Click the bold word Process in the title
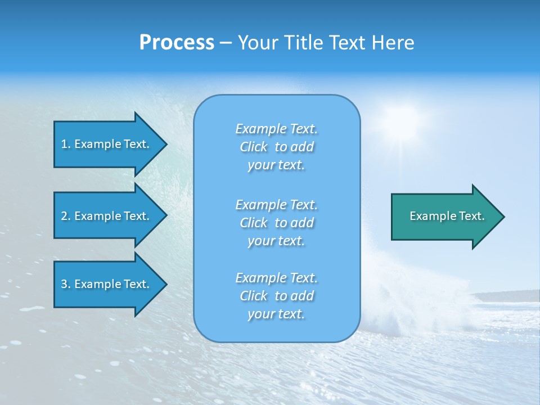(x=177, y=43)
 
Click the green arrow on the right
(x=444, y=217)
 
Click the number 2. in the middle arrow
(x=65, y=216)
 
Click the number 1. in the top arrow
(x=65, y=144)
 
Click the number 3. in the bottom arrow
(x=65, y=284)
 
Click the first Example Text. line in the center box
(x=276, y=129)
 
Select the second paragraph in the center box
(x=276, y=223)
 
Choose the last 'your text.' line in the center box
(x=276, y=314)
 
